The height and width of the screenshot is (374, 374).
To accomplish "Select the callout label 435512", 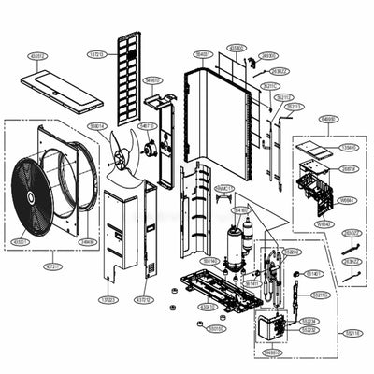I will (38, 56).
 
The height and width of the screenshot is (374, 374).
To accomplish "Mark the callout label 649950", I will (328, 119).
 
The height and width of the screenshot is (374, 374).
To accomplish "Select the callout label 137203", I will (109, 299).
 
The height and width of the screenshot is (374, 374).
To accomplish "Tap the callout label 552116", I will (352, 332).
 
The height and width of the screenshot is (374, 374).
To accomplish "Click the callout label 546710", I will (148, 124).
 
